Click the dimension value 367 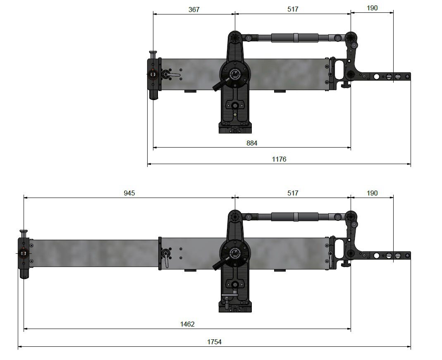pos(194,9)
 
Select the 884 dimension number pos(252,143)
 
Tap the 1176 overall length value pos(279,159)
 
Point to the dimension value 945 pos(129,193)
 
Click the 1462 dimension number pos(187,324)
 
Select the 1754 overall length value pos(214,342)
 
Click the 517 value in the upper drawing pos(293,9)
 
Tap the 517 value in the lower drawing pos(293,193)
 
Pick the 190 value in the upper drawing pos(372,8)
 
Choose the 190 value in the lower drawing pos(372,193)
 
